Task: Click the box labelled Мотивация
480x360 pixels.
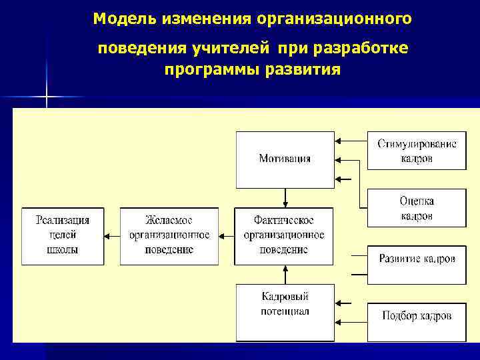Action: click(x=285, y=159)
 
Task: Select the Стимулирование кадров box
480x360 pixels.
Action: click(x=417, y=151)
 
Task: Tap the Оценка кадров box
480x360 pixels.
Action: click(x=417, y=208)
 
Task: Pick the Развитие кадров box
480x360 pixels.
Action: click(x=417, y=259)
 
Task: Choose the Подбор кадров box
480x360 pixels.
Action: click(x=417, y=315)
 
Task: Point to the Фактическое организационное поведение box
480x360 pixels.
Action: click(x=285, y=235)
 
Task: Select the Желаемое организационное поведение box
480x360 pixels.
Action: click(x=169, y=235)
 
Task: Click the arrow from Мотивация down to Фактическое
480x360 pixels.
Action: click(x=285, y=197)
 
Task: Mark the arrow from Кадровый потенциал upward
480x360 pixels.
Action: click(x=285, y=274)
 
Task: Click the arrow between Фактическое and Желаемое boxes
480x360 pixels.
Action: click(x=227, y=235)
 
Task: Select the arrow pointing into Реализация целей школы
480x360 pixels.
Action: click(x=111, y=235)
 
